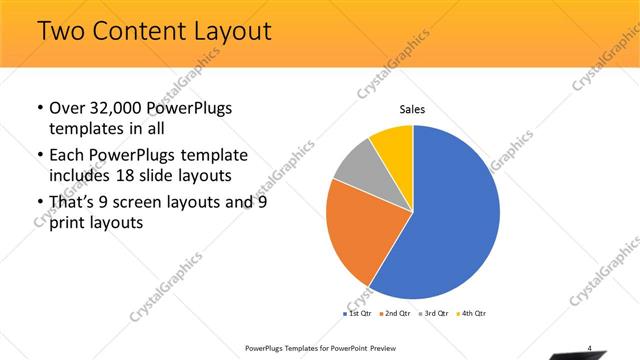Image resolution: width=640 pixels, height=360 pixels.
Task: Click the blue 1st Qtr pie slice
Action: click(450, 220)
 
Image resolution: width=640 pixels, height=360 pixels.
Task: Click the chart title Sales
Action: click(412, 111)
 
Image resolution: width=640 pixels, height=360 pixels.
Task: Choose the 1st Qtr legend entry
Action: click(357, 314)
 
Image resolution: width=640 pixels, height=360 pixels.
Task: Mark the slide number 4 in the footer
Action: click(589, 348)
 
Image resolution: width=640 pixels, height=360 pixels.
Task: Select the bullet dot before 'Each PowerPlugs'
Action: click(39, 156)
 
